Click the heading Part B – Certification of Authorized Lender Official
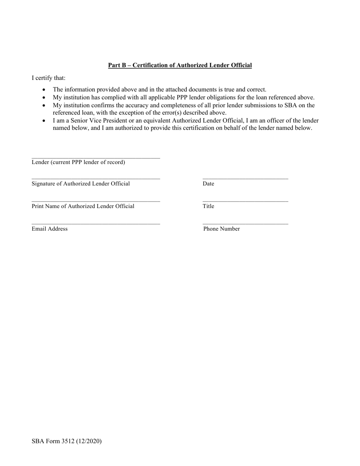point(180,65)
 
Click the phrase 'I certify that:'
point(49,78)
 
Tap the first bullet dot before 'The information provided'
point(44,90)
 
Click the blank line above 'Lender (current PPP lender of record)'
point(95,158)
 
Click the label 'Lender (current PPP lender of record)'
point(78,162)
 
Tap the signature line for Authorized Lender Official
point(95,178)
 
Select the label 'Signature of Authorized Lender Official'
point(80,184)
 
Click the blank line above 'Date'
point(245,178)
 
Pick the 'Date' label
point(208,184)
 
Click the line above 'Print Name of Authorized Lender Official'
point(95,201)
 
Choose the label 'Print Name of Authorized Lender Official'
point(83,206)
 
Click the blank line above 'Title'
point(245,201)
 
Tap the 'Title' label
point(208,206)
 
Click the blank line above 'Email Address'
point(95,224)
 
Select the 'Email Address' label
point(50,229)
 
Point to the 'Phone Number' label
point(221,229)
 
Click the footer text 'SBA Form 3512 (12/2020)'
point(66,441)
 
